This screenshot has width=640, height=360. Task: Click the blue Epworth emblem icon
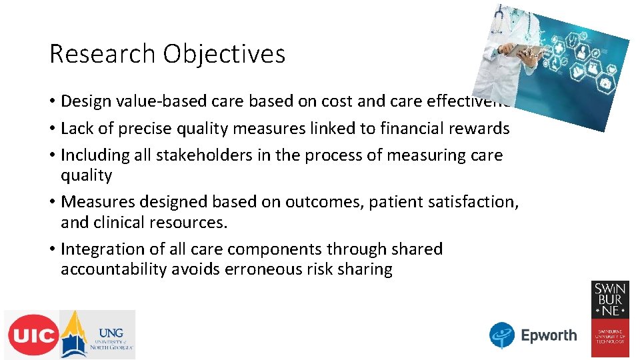click(x=502, y=335)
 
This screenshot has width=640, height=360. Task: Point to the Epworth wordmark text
click(x=549, y=335)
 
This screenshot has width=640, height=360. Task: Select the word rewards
click(x=483, y=128)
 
